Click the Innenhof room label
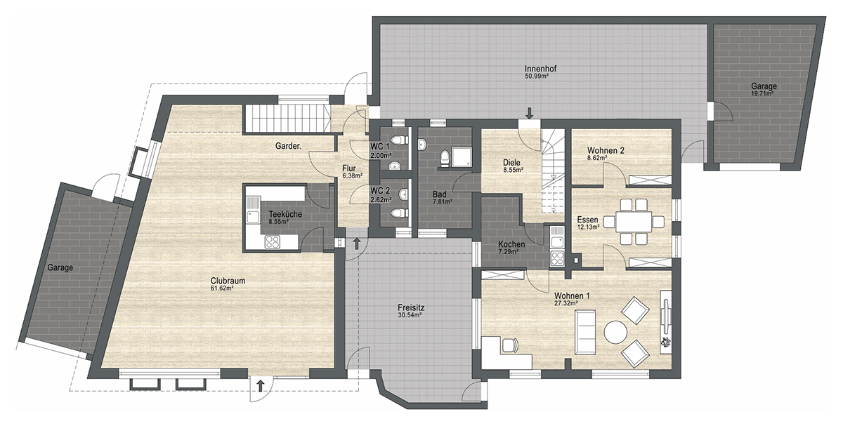coord(540,69)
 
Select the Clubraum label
coord(228,281)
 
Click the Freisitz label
coord(411,308)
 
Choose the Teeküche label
coord(285,214)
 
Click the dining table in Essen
coord(634,222)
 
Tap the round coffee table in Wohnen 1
coord(615,332)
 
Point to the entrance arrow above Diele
coord(530,113)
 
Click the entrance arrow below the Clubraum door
coord(260,386)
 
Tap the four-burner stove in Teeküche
coord(272,241)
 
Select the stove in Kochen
coord(557,258)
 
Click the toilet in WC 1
coord(402,140)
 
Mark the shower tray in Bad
coord(462,157)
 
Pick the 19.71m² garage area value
coord(762,93)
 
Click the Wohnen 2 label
coord(606,150)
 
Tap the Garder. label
coord(288,146)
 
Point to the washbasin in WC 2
coord(403,194)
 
